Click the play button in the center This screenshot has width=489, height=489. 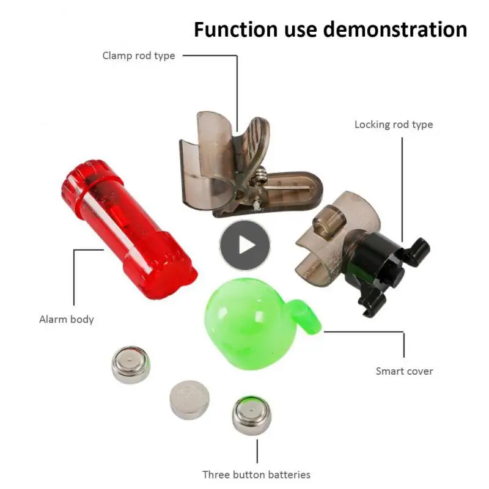244,244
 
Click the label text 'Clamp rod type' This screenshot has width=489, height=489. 138,56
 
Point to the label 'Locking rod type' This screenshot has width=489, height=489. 394,125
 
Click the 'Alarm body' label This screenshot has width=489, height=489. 67,319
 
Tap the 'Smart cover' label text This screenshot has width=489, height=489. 404,371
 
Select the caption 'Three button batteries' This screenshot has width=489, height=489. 256,474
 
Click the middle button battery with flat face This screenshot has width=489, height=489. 189,399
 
